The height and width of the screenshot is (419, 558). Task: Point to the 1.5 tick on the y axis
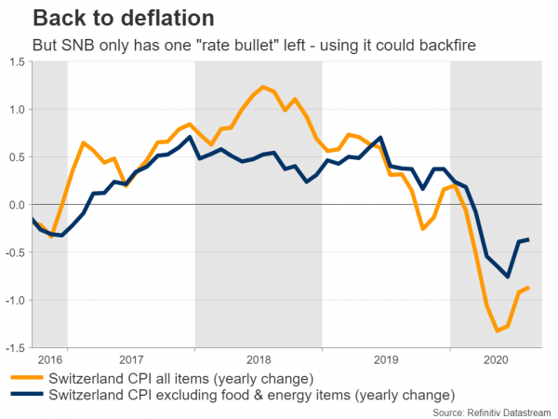[16, 62]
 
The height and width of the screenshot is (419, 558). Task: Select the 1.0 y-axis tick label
[16, 110]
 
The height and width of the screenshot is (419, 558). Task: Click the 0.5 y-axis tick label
[16, 157]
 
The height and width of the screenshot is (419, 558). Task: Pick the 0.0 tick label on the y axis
[16, 205]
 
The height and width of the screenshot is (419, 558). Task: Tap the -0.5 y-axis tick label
[14, 252]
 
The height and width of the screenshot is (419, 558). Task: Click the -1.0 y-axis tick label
[14, 300]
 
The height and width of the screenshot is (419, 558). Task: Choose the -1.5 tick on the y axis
[14, 347]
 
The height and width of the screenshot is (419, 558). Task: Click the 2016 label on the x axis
[50, 358]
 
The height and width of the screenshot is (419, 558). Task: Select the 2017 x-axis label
[131, 358]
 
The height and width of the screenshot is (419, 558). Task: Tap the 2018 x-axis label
[259, 358]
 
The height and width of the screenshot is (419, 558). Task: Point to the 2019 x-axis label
[386, 358]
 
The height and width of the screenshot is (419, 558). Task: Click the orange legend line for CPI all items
[27, 378]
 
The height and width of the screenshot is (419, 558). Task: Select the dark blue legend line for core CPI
[27, 394]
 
